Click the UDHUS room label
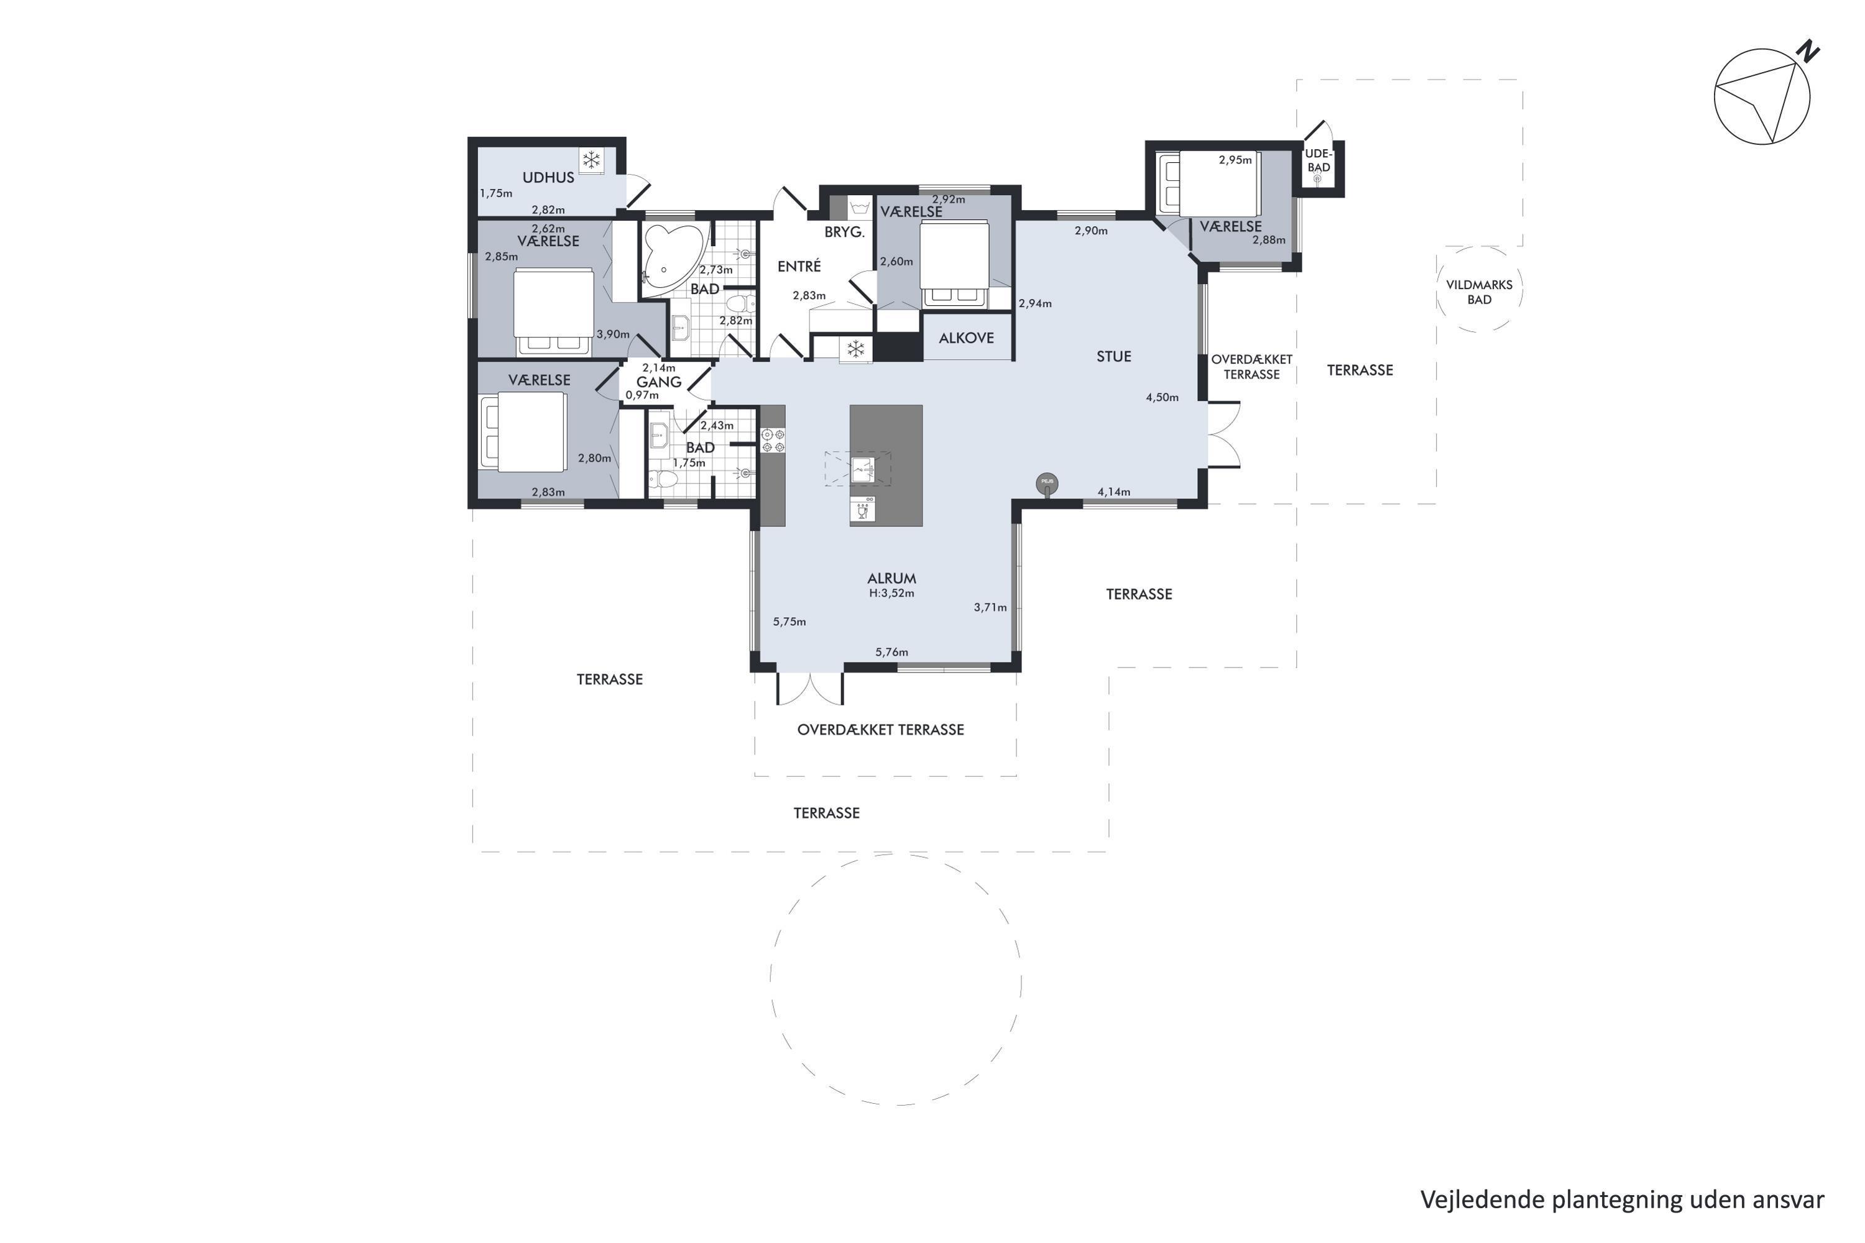click(x=548, y=178)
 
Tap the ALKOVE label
click(x=966, y=337)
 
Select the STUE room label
click(x=1113, y=357)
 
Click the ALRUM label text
click(x=891, y=579)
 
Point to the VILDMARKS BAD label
click(x=1479, y=291)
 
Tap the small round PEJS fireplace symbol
click(x=1047, y=482)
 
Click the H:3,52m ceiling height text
click(x=891, y=593)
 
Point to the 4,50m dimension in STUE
click(x=1162, y=398)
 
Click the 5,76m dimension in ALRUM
click(x=891, y=653)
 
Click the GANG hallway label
click(x=659, y=382)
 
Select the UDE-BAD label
click(x=1319, y=160)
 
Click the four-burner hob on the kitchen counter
click(x=773, y=441)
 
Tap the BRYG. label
click(x=844, y=232)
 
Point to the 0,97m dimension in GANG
click(x=642, y=395)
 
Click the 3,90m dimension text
click(x=613, y=334)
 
